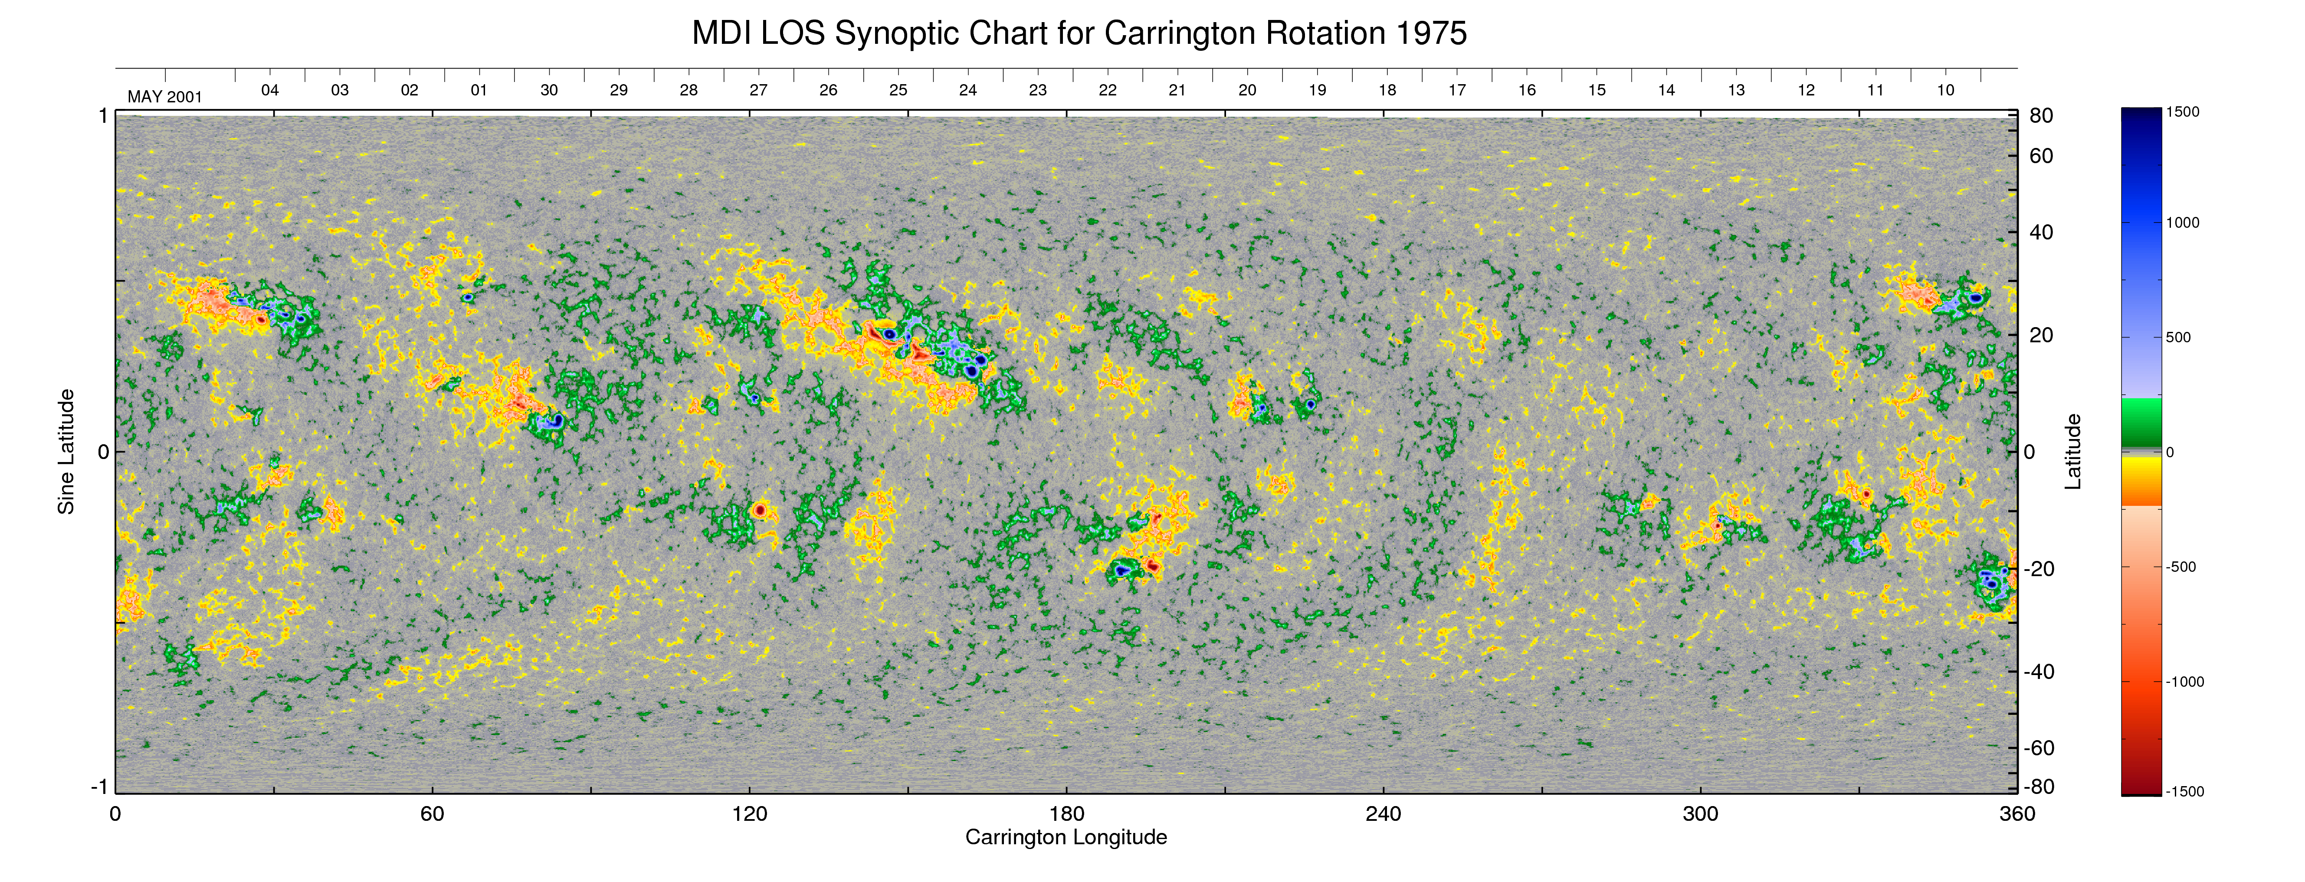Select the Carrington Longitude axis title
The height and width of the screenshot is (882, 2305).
pos(1066,837)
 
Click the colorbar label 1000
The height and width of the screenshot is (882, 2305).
pos(2182,223)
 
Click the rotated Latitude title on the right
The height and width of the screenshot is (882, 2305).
pos(2072,452)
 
